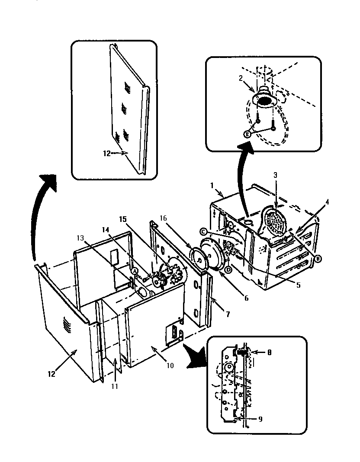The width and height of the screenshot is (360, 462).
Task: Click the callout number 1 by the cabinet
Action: pos(212,185)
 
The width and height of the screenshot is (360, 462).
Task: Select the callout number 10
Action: pos(170,366)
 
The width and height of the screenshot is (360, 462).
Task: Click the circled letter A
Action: pos(135,270)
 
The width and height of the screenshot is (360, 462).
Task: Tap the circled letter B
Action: pos(318,258)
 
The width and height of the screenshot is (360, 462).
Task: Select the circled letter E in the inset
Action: pos(247,134)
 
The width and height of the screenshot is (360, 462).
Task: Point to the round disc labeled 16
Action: pos(201,261)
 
